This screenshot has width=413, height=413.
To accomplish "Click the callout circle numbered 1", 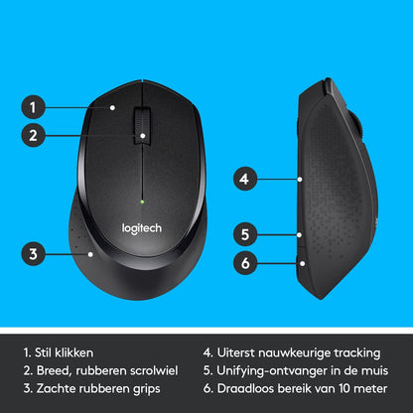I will tap(34, 106).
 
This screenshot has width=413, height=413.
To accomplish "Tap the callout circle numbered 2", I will tap(34, 136).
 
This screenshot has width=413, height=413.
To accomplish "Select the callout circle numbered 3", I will tap(34, 253).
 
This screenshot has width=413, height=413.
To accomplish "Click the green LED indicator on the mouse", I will tap(144, 204).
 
